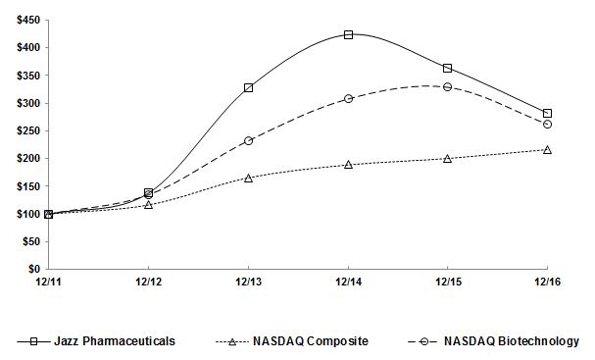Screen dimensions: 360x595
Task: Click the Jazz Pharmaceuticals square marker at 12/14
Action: point(348,34)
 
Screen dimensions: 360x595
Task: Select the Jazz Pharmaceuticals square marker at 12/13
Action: point(249,87)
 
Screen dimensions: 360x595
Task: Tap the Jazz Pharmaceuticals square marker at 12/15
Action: point(448,68)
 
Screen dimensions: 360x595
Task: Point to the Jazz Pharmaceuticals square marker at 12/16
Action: point(547,114)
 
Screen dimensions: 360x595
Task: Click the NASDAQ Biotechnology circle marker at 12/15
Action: point(448,87)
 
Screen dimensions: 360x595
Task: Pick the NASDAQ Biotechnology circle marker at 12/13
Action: point(249,140)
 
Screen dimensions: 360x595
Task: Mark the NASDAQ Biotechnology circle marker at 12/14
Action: point(348,98)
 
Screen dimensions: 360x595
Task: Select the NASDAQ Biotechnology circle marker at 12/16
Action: point(547,125)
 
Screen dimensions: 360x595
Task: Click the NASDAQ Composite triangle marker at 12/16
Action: point(547,149)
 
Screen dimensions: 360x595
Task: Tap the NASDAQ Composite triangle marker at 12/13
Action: point(249,178)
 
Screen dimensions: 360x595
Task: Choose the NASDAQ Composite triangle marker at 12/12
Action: point(149,205)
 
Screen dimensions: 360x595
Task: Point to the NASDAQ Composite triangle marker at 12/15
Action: point(448,158)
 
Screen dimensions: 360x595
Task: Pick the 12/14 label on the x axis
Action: point(348,281)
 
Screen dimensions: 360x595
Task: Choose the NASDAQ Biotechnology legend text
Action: point(511,340)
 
